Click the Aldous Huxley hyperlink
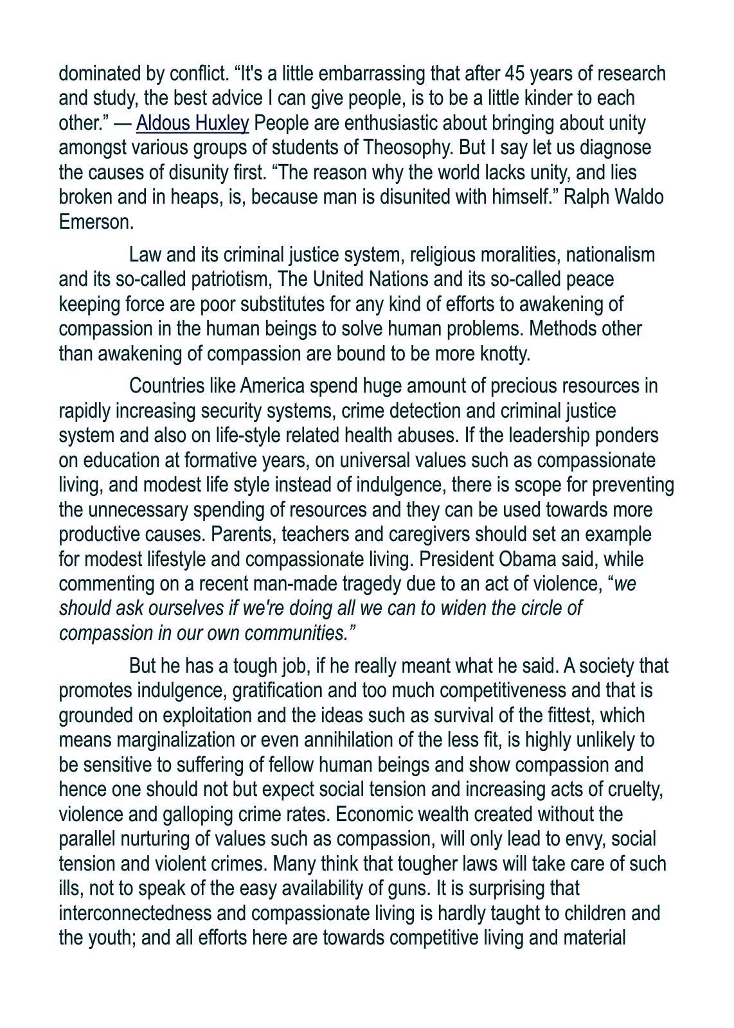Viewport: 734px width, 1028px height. coord(192,123)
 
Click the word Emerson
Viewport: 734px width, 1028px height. coord(96,222)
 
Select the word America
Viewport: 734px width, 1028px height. coord(272,387)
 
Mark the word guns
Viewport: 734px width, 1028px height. coord(407,889)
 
